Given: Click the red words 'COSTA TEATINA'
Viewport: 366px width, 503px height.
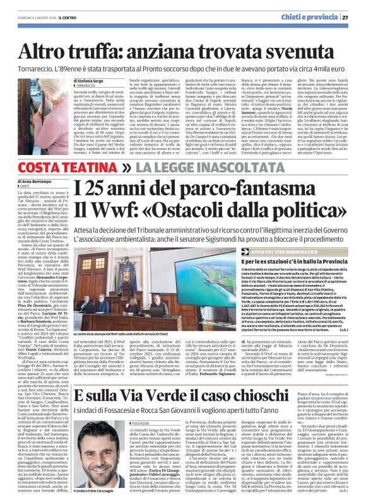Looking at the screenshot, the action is pos(63,168).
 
